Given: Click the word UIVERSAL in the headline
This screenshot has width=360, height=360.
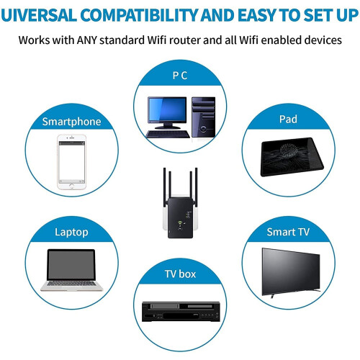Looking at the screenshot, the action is (39, 15).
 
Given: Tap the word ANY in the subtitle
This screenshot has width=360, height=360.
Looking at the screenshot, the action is (86, 40).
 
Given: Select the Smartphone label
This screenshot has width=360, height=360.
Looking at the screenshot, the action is (71, 122).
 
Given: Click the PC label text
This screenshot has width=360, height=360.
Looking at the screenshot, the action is (180, 76).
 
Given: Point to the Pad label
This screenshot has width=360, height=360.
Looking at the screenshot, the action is (288, 120).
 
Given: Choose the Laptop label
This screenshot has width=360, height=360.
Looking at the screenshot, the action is (71, 233).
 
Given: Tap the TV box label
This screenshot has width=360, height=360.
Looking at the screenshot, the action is (180, 274).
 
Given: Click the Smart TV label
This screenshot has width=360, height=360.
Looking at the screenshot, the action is (288, 232).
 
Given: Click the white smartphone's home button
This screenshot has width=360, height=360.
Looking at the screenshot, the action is (71, 186).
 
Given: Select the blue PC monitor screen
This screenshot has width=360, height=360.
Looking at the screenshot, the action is (167, 109).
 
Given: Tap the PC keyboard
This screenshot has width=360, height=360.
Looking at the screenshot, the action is (168, 134).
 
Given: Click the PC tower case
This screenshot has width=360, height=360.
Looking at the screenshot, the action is (203, 117).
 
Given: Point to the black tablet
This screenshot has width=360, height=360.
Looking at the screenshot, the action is (292, 156).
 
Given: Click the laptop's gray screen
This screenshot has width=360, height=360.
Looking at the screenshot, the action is (71, 264).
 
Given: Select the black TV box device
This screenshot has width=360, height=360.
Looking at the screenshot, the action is (181, 312).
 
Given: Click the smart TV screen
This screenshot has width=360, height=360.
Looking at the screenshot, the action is (291, 271).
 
